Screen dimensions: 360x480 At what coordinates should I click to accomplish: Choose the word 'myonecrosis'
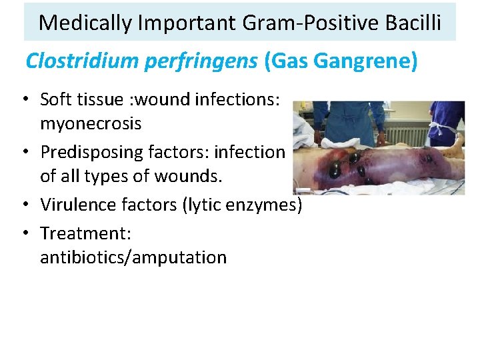click(91, 124)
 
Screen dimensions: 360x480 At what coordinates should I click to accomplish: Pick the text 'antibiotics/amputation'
click(133, 257)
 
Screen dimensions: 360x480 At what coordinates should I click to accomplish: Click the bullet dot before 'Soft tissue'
click(23, 100)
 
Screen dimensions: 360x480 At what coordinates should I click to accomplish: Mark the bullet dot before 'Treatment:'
click(23, 233)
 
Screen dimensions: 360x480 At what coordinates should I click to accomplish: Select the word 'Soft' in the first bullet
click(54, 99)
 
